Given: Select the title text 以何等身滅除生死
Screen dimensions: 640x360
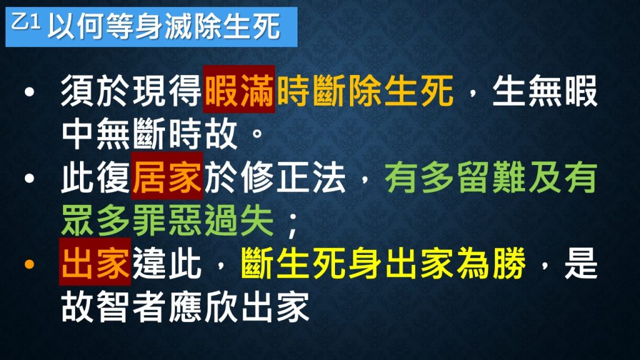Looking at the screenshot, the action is click(164, 26).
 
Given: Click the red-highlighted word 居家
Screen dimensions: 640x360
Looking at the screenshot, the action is click(167, 176).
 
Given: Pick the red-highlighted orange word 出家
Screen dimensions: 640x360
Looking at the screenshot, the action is click(95, 262).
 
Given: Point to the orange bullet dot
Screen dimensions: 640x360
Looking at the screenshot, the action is click(29, 264).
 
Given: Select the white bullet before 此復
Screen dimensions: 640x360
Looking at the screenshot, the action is click(29, 178).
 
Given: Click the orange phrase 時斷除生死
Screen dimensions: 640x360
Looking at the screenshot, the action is click(365, 90).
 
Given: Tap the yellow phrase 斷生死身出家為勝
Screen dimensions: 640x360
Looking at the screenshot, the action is click(383, 263).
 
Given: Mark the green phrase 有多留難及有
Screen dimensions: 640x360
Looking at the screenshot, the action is click(491, 177).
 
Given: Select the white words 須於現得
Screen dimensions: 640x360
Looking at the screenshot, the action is click(131, 90).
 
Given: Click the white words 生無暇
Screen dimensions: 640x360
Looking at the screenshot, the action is click(544, 90).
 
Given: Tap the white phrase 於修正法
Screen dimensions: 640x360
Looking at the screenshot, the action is click(275, 177).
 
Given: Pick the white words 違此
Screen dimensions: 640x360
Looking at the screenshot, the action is click(166, 263).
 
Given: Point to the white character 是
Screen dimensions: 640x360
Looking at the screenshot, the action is click(581, 263).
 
